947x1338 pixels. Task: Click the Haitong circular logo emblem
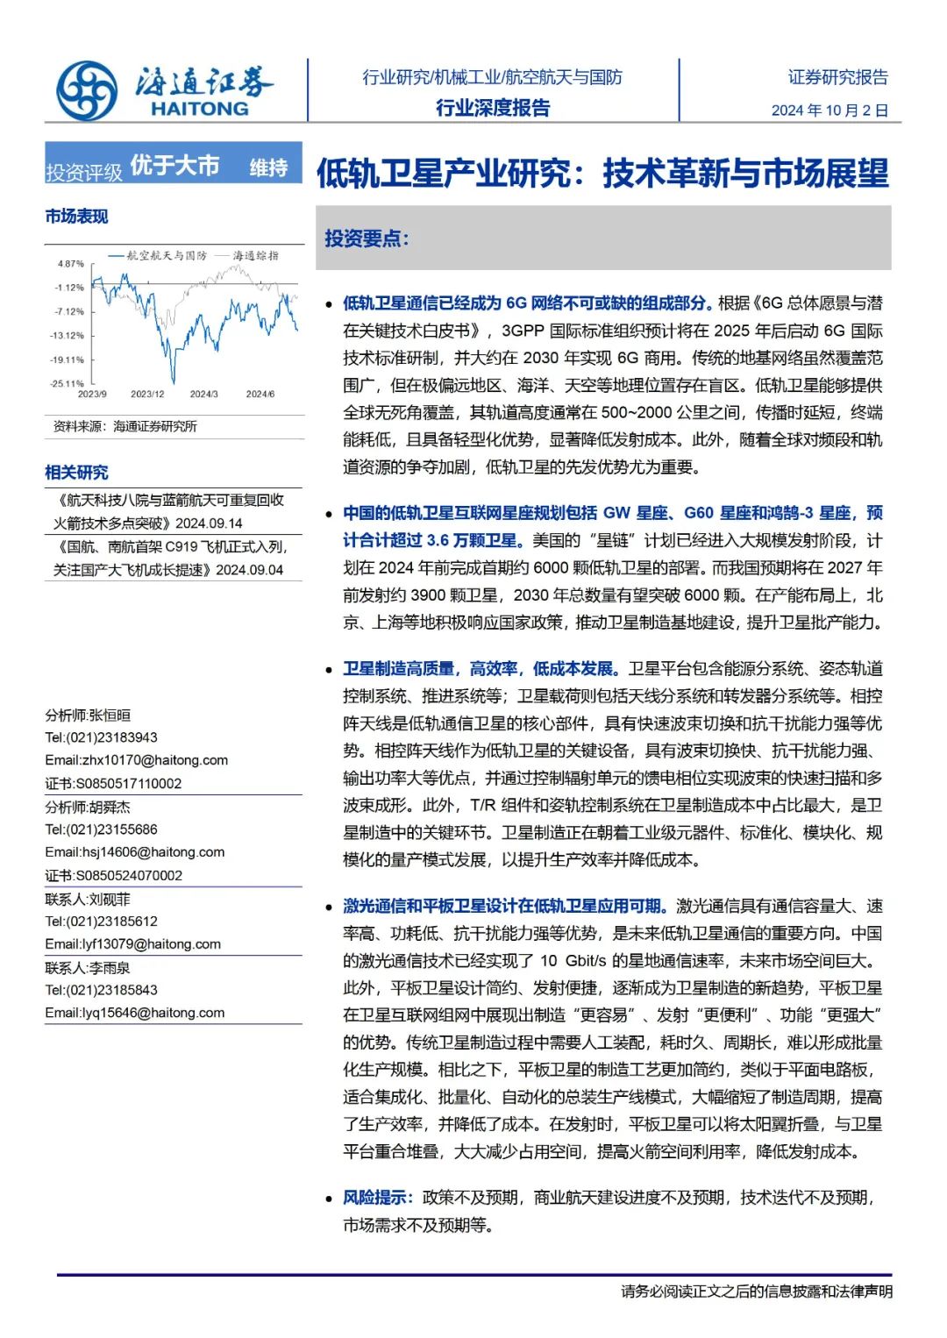click(x=87, y=91)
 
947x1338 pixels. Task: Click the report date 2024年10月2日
click(x=830, y=110)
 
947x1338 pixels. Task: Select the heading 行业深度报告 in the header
click(x=493, y=108)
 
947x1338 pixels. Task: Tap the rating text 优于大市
click(x=174, y=165)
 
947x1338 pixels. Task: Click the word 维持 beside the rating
click(x=268, y=167)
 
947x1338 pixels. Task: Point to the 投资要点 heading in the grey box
click(x=367, y=238)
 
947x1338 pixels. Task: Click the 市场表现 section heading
click(x=76, y=216)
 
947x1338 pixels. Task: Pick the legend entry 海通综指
click(x=255, y=255)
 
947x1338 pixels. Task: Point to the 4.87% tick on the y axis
click(x=71, y=264)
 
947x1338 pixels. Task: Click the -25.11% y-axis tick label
click(x=68, y=383)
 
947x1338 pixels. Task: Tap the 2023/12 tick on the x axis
click(x=147, y=395)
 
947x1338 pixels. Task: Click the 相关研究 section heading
click(x=76, y=473)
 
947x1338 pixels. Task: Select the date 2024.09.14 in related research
click(x=209, y=523)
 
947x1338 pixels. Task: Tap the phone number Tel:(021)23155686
click(x=102, y=829)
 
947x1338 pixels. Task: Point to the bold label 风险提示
click(x=374, y=1198)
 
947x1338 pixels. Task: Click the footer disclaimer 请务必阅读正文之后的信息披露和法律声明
click(x=756, y=1292)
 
